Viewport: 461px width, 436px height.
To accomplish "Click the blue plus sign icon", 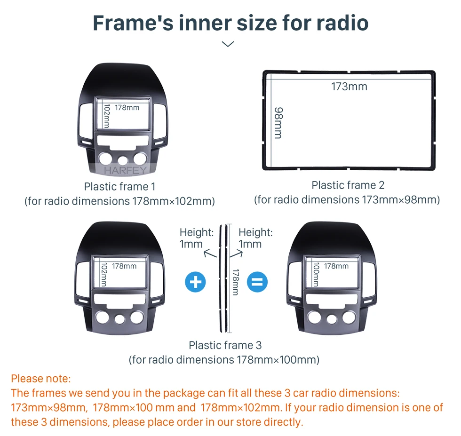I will pos(196,282).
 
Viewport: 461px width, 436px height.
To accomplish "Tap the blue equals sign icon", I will pos(257,282).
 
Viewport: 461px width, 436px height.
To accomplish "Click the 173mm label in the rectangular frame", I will pos(349,87).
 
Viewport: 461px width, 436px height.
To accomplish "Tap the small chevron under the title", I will pos(228,44).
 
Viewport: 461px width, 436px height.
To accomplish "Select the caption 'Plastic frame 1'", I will pos(119,187).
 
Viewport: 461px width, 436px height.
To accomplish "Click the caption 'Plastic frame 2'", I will pos(348,185).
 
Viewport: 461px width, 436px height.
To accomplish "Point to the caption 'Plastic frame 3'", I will pos(225,345).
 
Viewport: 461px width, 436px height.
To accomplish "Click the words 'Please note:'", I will pos(41,378).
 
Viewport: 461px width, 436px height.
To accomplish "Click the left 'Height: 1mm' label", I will pos(196,238).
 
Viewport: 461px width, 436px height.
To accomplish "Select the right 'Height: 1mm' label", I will pos(255,238).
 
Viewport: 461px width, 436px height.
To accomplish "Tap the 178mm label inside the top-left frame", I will pos(127,107).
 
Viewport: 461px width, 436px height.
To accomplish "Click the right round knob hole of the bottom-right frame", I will pos(349,317).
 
